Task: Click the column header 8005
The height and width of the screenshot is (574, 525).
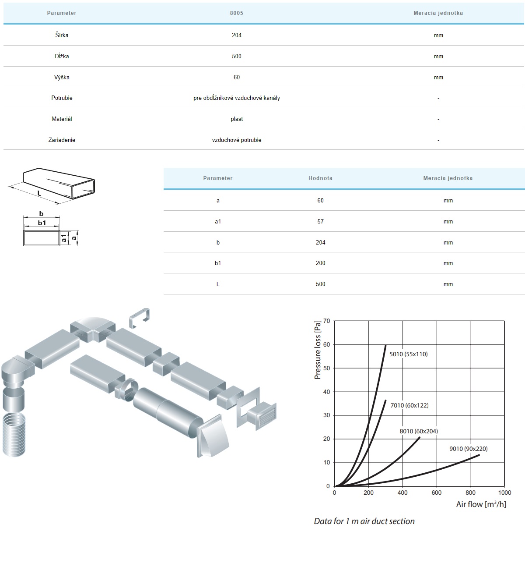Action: (236, 13)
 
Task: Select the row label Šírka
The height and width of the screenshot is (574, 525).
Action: (62, 35)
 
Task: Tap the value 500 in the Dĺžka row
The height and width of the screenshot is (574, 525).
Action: (236, 56)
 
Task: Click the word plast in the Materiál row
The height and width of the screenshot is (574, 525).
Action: (237, 119)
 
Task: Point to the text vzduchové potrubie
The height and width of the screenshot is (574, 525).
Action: (237, 140)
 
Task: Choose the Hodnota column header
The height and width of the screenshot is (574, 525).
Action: (320, 178)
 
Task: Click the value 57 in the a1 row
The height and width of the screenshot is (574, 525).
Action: (320, 221)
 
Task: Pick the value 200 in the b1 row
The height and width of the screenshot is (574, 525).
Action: (320, 263)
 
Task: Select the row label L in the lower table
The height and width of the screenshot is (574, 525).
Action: (218, 284)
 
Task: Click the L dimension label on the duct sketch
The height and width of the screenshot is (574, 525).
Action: (39, 193)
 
